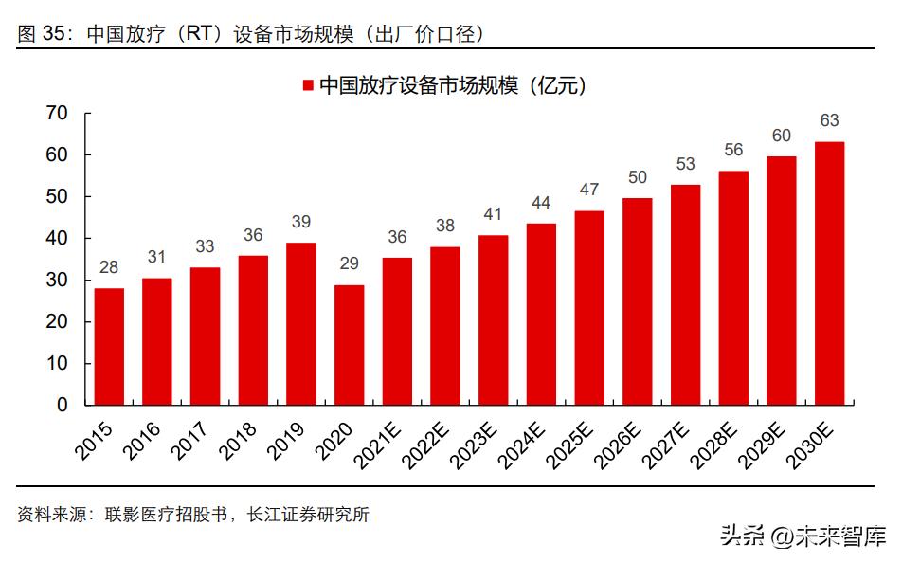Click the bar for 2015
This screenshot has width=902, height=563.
(109, 346)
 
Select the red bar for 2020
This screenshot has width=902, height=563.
(349, 344)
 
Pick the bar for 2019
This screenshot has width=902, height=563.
(300, 323)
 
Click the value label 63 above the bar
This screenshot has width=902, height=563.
(829, 120)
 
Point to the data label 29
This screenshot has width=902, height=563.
(349, 263)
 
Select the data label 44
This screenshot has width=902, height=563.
(541, 202)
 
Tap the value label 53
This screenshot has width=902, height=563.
(685, 164)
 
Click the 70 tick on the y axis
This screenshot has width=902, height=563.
(57, 113)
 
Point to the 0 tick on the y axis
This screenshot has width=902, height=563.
(63, 405)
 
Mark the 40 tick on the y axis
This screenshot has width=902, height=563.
(57, 238)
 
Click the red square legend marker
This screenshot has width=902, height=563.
(307, 86)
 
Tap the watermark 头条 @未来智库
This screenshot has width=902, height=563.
(802, 536)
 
